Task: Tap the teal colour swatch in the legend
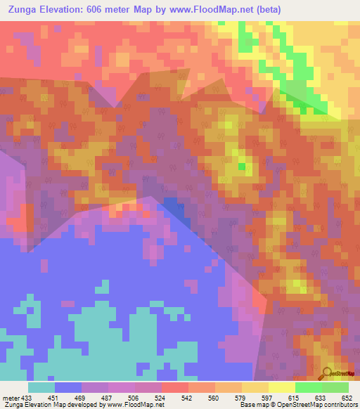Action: coord(41,387)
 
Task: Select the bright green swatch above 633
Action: coord(308,387)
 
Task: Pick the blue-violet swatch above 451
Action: coord(68,387)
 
